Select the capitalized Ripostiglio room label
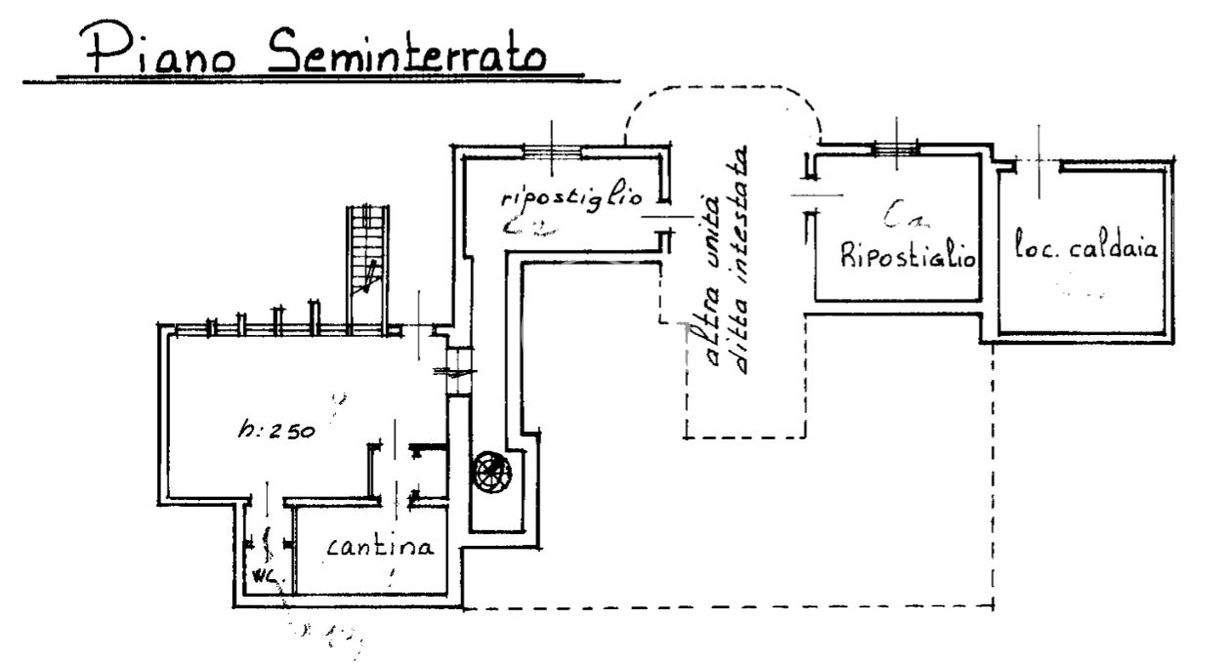908,258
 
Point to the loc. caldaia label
1085,248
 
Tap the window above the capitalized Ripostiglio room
895,147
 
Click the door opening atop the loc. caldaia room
1037,163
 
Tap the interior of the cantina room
371,576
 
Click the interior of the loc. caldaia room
1084,293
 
